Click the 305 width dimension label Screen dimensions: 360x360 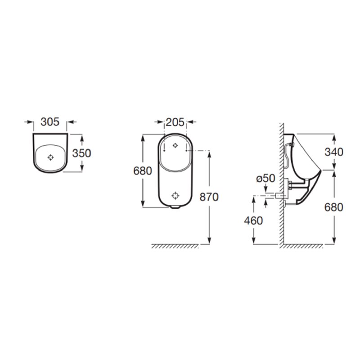point(49,121)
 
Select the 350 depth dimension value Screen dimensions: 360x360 point(82,153)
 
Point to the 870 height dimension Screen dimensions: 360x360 point(210,197)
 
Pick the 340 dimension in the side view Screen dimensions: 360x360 point(334,152)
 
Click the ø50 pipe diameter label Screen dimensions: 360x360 point(265,178)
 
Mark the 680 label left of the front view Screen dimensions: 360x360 point(143,171)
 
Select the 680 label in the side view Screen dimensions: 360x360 point(334,207)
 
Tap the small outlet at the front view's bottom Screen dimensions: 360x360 point(175,208)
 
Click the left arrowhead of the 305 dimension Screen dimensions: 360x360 point(31,121)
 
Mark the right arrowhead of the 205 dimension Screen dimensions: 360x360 point(189,121)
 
